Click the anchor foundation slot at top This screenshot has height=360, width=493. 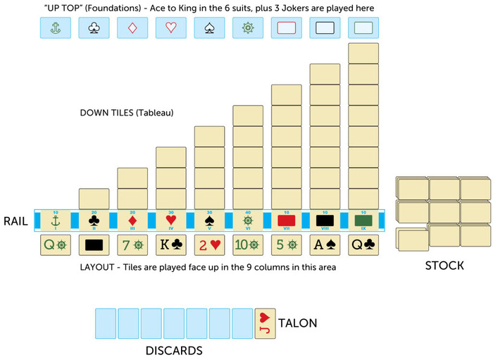pyautogui.click(x=55, y=27)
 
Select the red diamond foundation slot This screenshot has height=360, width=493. pyautogui.click(x=132, y=27)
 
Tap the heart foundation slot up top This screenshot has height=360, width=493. pyautogui.click(x=170, y=27)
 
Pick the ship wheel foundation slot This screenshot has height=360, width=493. pyautogui.click(x=247, y=27)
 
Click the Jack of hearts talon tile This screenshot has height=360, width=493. pyautogui.click(x=265, y=323)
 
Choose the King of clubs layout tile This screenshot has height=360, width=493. pyautogui.click(x=170, y=245)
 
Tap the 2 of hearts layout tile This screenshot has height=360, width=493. pyautogui.click(x=209, y=245)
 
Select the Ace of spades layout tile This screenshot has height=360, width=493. pyautogui.click(x=325, y=245)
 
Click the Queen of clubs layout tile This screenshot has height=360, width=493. pyautogui.click(x=363, y=245)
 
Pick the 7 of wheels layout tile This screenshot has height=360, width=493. pyautogui.click(x=132, y=245)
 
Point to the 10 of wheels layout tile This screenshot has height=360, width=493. pyautogui.click(x=247, y=245)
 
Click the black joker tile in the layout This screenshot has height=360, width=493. pyautogui.click(x=94, y=245)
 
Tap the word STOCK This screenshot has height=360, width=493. pyautogui.click(x=444, y=266)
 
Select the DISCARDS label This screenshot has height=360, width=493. pyautogui.click(x=174, y=350)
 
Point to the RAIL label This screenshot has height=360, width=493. pyautogui.click(x=15, y=221)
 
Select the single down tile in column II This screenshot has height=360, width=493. pyautogui.click(x=94, y=199)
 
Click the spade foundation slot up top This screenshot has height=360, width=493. pyautogui.click(x=209, y=27)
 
